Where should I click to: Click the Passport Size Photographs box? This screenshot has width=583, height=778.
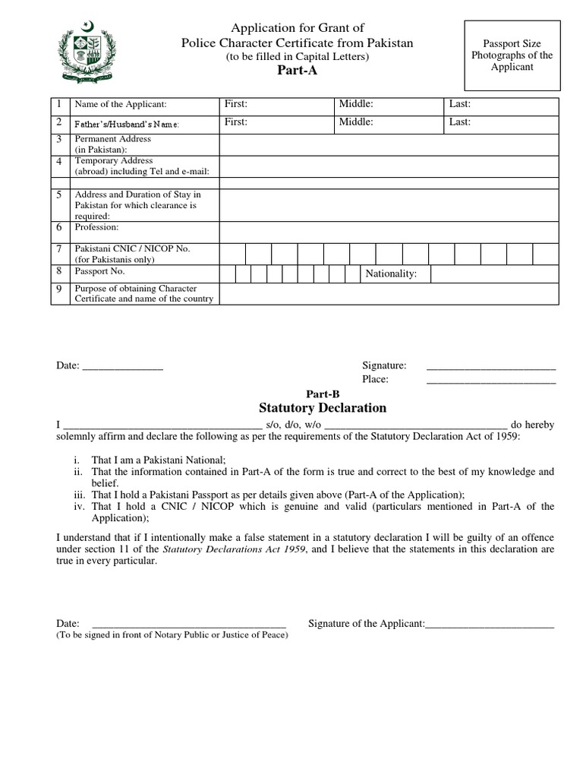(x=512, y=55)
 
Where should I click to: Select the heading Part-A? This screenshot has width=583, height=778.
(x=297, y=71)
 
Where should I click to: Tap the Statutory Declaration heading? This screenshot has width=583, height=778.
(x=323, y=408)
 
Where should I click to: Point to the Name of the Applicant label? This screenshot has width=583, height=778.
(x=120, y=105)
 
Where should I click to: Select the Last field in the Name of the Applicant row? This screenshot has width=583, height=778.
(x=502, y=105)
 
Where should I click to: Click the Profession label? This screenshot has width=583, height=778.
(x=96, y=227)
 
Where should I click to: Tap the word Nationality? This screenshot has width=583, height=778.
(x=391, y=274)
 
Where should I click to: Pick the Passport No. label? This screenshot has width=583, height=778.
(x=99, y=271)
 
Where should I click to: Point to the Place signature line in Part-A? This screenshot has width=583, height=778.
(x=490, y=379)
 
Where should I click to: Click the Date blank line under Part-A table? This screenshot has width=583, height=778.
(x=122, y=366)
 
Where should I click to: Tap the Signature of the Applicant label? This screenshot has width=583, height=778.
(x=366, y=623)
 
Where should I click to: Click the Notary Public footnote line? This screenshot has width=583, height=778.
(x=172, y=635)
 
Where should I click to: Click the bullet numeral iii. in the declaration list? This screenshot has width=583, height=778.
(x=80, y=494)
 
